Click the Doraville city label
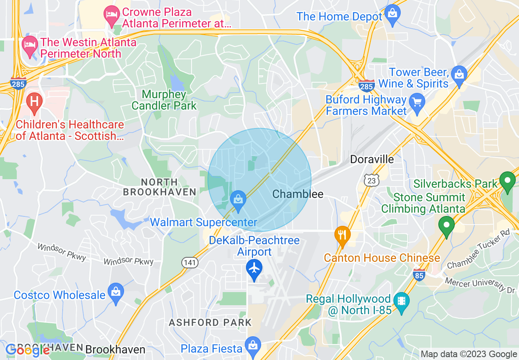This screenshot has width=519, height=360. [372, 159]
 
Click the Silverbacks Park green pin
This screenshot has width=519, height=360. [508, 180]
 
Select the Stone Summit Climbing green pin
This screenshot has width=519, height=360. [447, 225]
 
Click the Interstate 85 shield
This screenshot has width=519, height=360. [419, 275]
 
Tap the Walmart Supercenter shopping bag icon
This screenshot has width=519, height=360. [237, 200]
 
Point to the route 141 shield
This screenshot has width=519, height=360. [190, 263]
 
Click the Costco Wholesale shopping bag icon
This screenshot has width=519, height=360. [116, 292]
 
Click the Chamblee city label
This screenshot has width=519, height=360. [298, 194]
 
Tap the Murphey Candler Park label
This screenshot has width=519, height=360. [164, 100]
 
